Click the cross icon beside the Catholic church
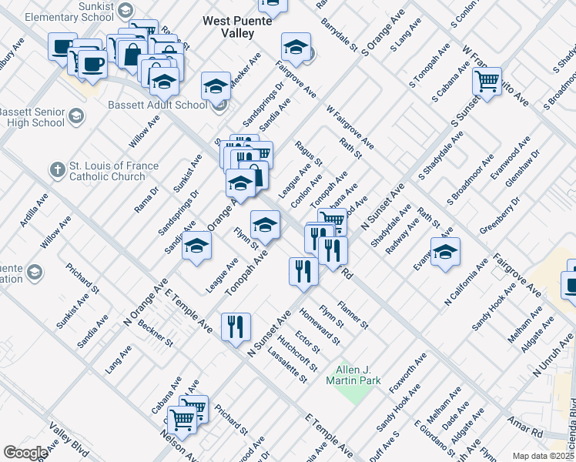[x=55, y=169]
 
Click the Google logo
[x=25, y=452]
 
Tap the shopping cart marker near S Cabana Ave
[x=487, y=81]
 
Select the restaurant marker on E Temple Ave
[x=236, y=326]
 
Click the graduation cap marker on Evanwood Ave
[x=445, y=251]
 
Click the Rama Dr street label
[x=146, y=199]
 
